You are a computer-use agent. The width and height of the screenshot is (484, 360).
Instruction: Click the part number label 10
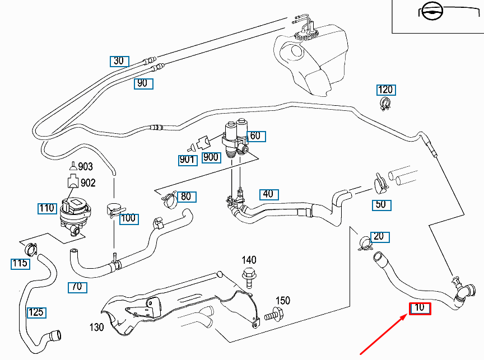point(420,308)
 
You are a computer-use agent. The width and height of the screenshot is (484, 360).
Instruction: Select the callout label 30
point(119,61)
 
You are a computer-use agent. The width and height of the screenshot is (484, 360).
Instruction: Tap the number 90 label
point(143,84)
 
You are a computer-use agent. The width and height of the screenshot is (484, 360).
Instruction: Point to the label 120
point(385,90)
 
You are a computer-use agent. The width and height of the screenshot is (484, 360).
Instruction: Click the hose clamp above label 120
point(386,104)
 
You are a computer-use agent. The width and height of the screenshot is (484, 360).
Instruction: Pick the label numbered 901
point(188,160)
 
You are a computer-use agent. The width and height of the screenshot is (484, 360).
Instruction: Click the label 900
point(211,157)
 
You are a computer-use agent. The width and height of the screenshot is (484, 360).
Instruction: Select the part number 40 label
point(268,194)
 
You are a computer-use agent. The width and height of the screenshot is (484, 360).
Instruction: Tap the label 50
point(381,204)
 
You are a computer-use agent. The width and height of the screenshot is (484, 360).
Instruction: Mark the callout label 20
point(379,236)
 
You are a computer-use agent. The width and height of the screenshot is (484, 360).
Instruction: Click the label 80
point(185,197)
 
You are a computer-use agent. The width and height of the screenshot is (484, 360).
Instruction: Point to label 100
point(128,218)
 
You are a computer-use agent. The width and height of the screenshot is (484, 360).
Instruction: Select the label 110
point(47,209)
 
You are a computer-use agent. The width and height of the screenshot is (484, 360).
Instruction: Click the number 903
point(86,167)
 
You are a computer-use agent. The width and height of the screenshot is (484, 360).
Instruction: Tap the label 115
point(20,263)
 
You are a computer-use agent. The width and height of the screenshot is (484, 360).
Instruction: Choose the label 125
point(37,312)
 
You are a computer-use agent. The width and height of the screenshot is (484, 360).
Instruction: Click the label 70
point(77,287)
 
